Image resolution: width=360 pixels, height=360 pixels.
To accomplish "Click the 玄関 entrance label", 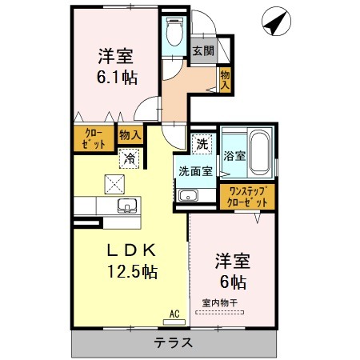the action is coord(203,50).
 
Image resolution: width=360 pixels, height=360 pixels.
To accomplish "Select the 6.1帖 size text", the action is coord(118,78).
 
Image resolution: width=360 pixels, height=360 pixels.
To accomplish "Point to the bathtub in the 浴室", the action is coord(260,153).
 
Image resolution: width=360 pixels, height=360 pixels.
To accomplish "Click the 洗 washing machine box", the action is coord(202,144).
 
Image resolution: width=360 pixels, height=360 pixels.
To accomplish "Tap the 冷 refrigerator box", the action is coord(129,158).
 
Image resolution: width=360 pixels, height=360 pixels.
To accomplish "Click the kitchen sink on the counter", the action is coord(127,206).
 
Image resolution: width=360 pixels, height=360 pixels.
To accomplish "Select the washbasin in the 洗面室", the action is coord(188,195).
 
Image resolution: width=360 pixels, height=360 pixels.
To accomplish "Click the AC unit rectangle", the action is coord(174,322).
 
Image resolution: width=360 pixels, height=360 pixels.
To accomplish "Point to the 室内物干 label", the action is coord(220,303).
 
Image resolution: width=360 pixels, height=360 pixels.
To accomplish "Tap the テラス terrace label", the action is coord(174,342).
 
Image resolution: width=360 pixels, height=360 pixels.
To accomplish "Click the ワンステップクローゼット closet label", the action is coord(247,197).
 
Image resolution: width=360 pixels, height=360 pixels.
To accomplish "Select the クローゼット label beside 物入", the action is coord(94,138).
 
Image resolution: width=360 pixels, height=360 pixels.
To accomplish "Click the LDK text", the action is coord(131,250).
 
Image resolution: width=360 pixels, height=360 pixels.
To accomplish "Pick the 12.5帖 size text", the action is coord(132,271).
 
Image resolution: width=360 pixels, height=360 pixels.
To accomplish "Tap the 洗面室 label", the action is coord(195,171).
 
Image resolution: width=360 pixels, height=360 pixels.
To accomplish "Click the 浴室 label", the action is coord(234,156).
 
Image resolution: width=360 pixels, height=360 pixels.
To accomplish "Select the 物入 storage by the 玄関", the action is coord(225,80).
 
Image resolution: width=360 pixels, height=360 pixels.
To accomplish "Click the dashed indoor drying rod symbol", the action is coord(220,312).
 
